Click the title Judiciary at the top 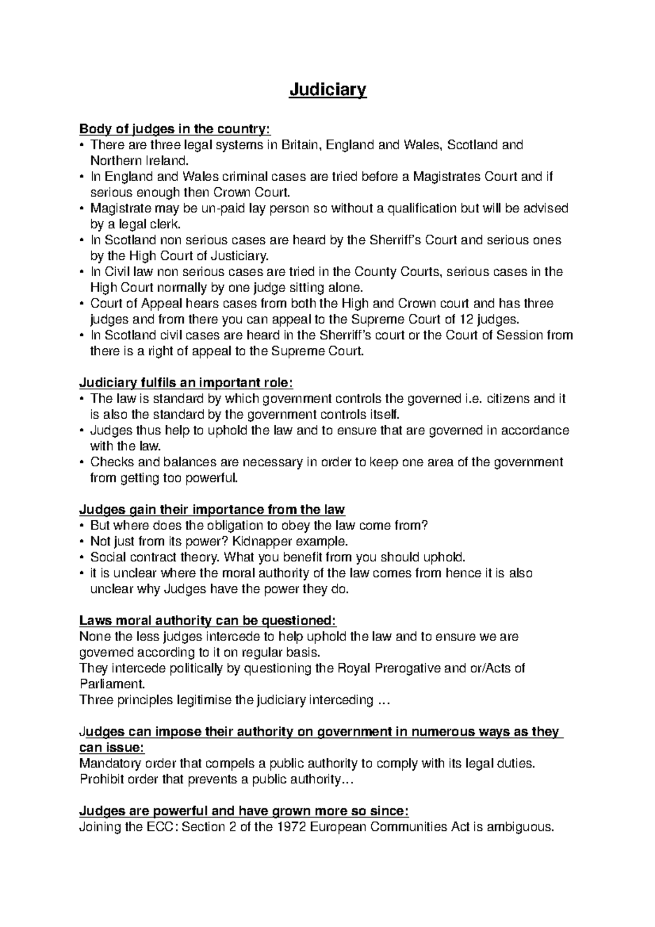(327, 90)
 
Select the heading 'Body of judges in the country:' (175, 129)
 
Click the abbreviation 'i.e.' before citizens (472, 399)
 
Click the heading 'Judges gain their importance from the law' (212, 510)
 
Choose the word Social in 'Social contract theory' (106, 557)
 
